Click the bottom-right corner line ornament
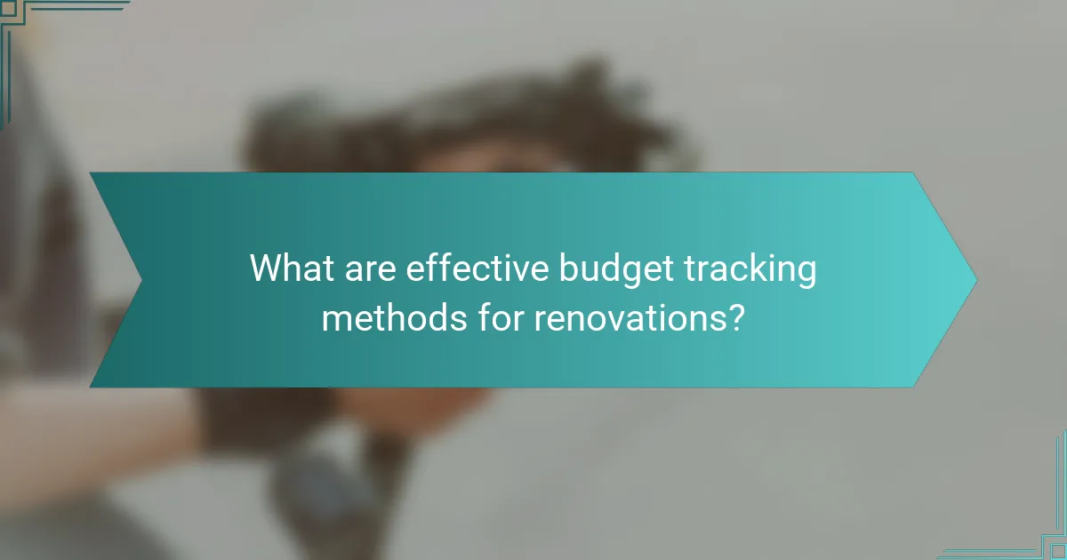click(x=1036, y=533)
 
